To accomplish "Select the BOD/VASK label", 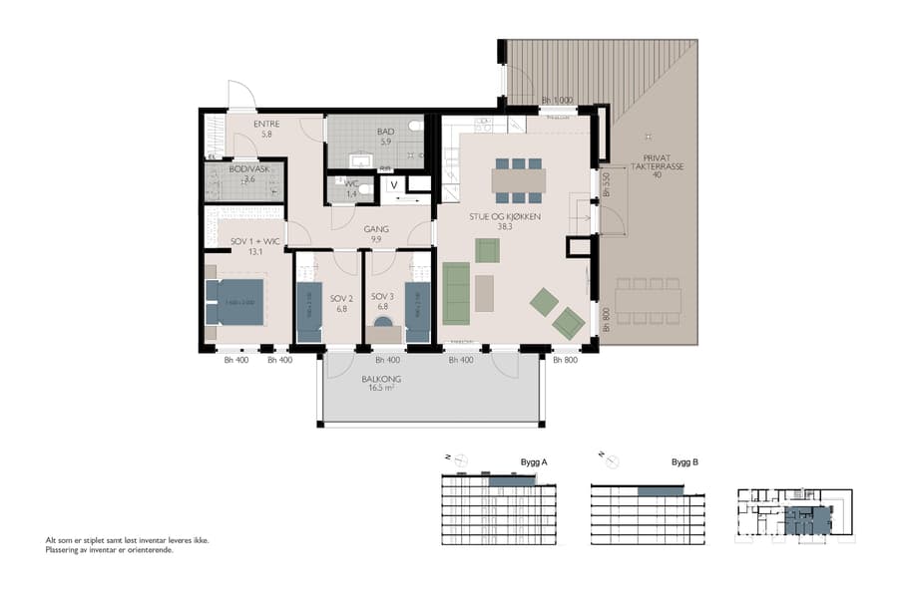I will [242, 169].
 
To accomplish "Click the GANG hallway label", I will [376, 228].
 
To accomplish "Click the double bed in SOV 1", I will [235, 302].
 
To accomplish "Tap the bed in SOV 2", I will [309, 312].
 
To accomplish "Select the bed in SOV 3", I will [418, 312].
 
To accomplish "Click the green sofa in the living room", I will [456, 293].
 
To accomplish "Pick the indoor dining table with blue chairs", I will [518, 179].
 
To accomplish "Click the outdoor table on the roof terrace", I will [648, 300].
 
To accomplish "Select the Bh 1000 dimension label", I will [557, 101].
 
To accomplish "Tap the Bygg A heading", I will [534, 462].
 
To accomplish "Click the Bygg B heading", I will [683, 462].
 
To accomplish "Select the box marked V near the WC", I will [393, 184].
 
